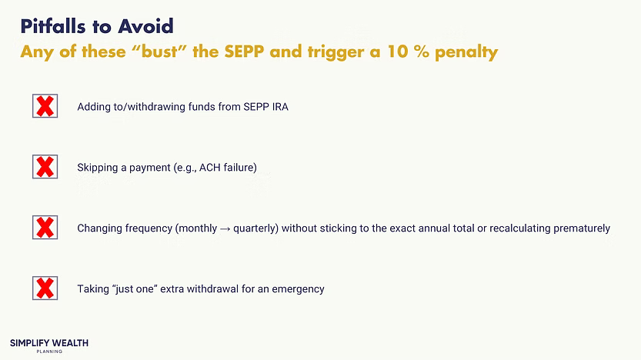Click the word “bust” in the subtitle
coord(160,52)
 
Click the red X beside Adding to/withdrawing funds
coord(45,106)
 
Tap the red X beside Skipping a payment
coord(45,167)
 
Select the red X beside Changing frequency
coord(45,228)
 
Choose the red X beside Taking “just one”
coord(45,288)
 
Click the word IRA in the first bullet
coord(279,107)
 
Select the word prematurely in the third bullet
coord(581,228)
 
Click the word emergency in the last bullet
coord(298,289)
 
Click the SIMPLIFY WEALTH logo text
coord(49,342)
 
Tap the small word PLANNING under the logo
coord(49,352)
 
